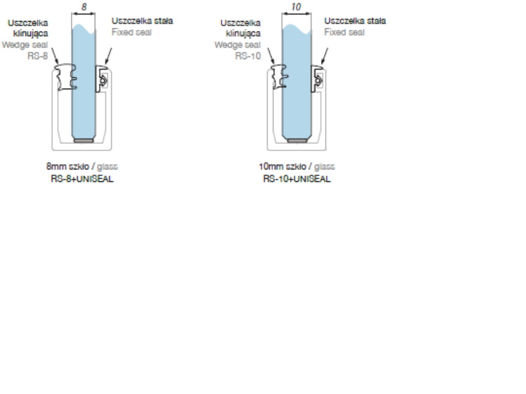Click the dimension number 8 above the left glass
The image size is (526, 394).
[x=84, y=7]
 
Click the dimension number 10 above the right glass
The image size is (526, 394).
[x=297, y=7]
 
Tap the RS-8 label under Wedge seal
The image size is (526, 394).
[x=37, y=56]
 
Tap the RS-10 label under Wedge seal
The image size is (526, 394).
[x=248, y=56]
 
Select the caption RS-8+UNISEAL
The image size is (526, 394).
[x=82, y=179]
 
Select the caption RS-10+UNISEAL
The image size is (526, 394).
[x=297, y=179]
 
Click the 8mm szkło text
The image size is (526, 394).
[x=68, y=167]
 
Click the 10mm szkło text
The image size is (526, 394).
[x=283, y=167]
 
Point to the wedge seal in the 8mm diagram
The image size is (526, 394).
[x=66, y=77]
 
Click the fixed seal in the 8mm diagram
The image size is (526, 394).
[x=101, y=79]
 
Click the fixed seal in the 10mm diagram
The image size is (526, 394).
[x=316, y=79]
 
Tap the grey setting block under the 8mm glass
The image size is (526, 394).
[x=84, y=141]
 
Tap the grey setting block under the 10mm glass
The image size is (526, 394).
[x=297, y=141]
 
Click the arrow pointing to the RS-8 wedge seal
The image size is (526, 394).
[x=55, y=56]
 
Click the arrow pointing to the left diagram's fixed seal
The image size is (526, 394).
[x=108, y=56]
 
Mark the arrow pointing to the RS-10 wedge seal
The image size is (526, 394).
[x=271, y=56]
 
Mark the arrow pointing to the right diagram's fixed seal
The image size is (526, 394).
[x=324, y=56]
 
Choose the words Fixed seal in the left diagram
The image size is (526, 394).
[x=131, y=32]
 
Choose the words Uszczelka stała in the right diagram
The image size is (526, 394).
[x=355, y=21]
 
